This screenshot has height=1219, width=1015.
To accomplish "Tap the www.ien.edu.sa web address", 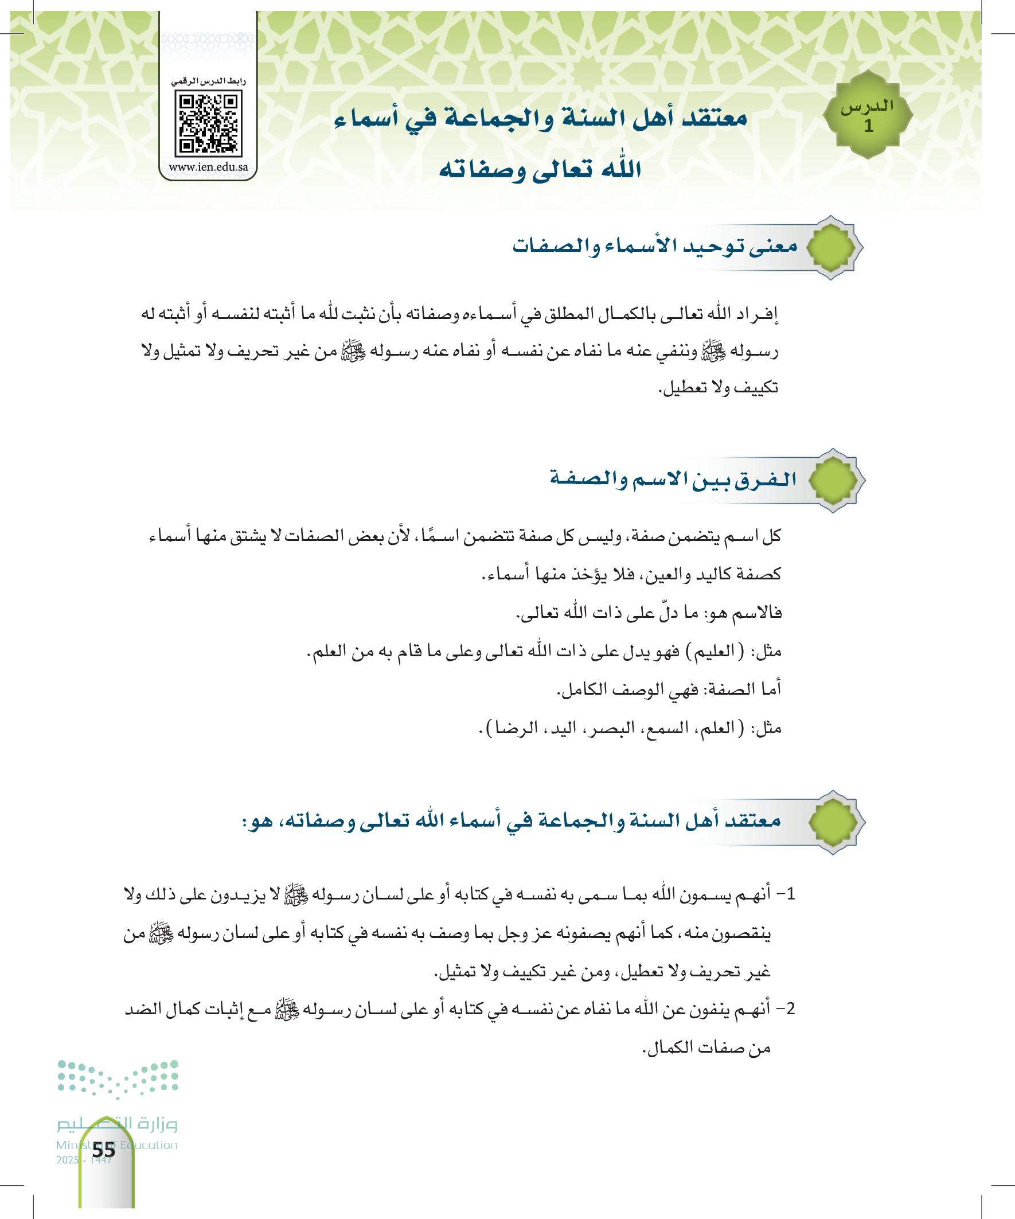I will pos(208,167).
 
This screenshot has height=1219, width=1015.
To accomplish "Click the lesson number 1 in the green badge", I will pos(868,126).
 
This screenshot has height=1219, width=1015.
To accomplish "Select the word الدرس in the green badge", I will pos(868,106).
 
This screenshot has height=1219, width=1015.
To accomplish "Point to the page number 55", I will pos(104,1150).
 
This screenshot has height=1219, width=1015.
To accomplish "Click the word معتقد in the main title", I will pos(715,118).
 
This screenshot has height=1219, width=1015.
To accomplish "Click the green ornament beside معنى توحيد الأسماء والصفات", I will pos(831,247).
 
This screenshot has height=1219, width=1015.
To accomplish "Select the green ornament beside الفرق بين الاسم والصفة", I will pos(833,480).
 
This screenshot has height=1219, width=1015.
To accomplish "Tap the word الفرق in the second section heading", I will pos(765,479).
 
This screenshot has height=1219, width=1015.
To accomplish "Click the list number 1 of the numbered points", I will pos(789,894).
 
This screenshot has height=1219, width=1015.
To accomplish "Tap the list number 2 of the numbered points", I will pos(789,1009).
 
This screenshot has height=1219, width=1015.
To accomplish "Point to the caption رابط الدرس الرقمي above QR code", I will pos(208,81).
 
